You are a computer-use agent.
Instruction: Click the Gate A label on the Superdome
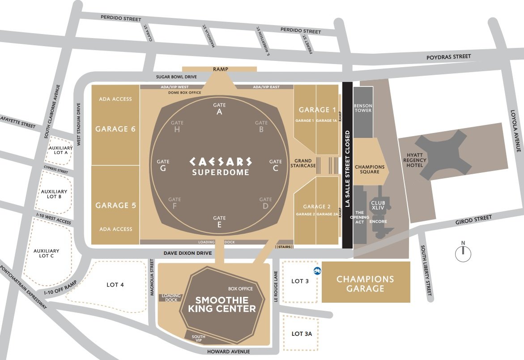219,109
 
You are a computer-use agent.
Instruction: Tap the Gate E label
219,222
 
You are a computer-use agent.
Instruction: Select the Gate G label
163,165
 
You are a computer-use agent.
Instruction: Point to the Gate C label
276,165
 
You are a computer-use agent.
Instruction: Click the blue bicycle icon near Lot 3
316,270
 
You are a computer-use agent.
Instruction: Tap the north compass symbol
463,253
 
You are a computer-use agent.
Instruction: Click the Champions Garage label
366,284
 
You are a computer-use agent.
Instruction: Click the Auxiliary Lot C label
47,253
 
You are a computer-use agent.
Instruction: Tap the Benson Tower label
363,108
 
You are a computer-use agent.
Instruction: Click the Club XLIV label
378,206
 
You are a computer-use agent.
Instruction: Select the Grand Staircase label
303,163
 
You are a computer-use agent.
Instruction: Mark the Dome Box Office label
185,93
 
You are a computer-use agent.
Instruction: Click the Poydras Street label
449,57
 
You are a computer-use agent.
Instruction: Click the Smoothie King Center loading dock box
171,298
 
